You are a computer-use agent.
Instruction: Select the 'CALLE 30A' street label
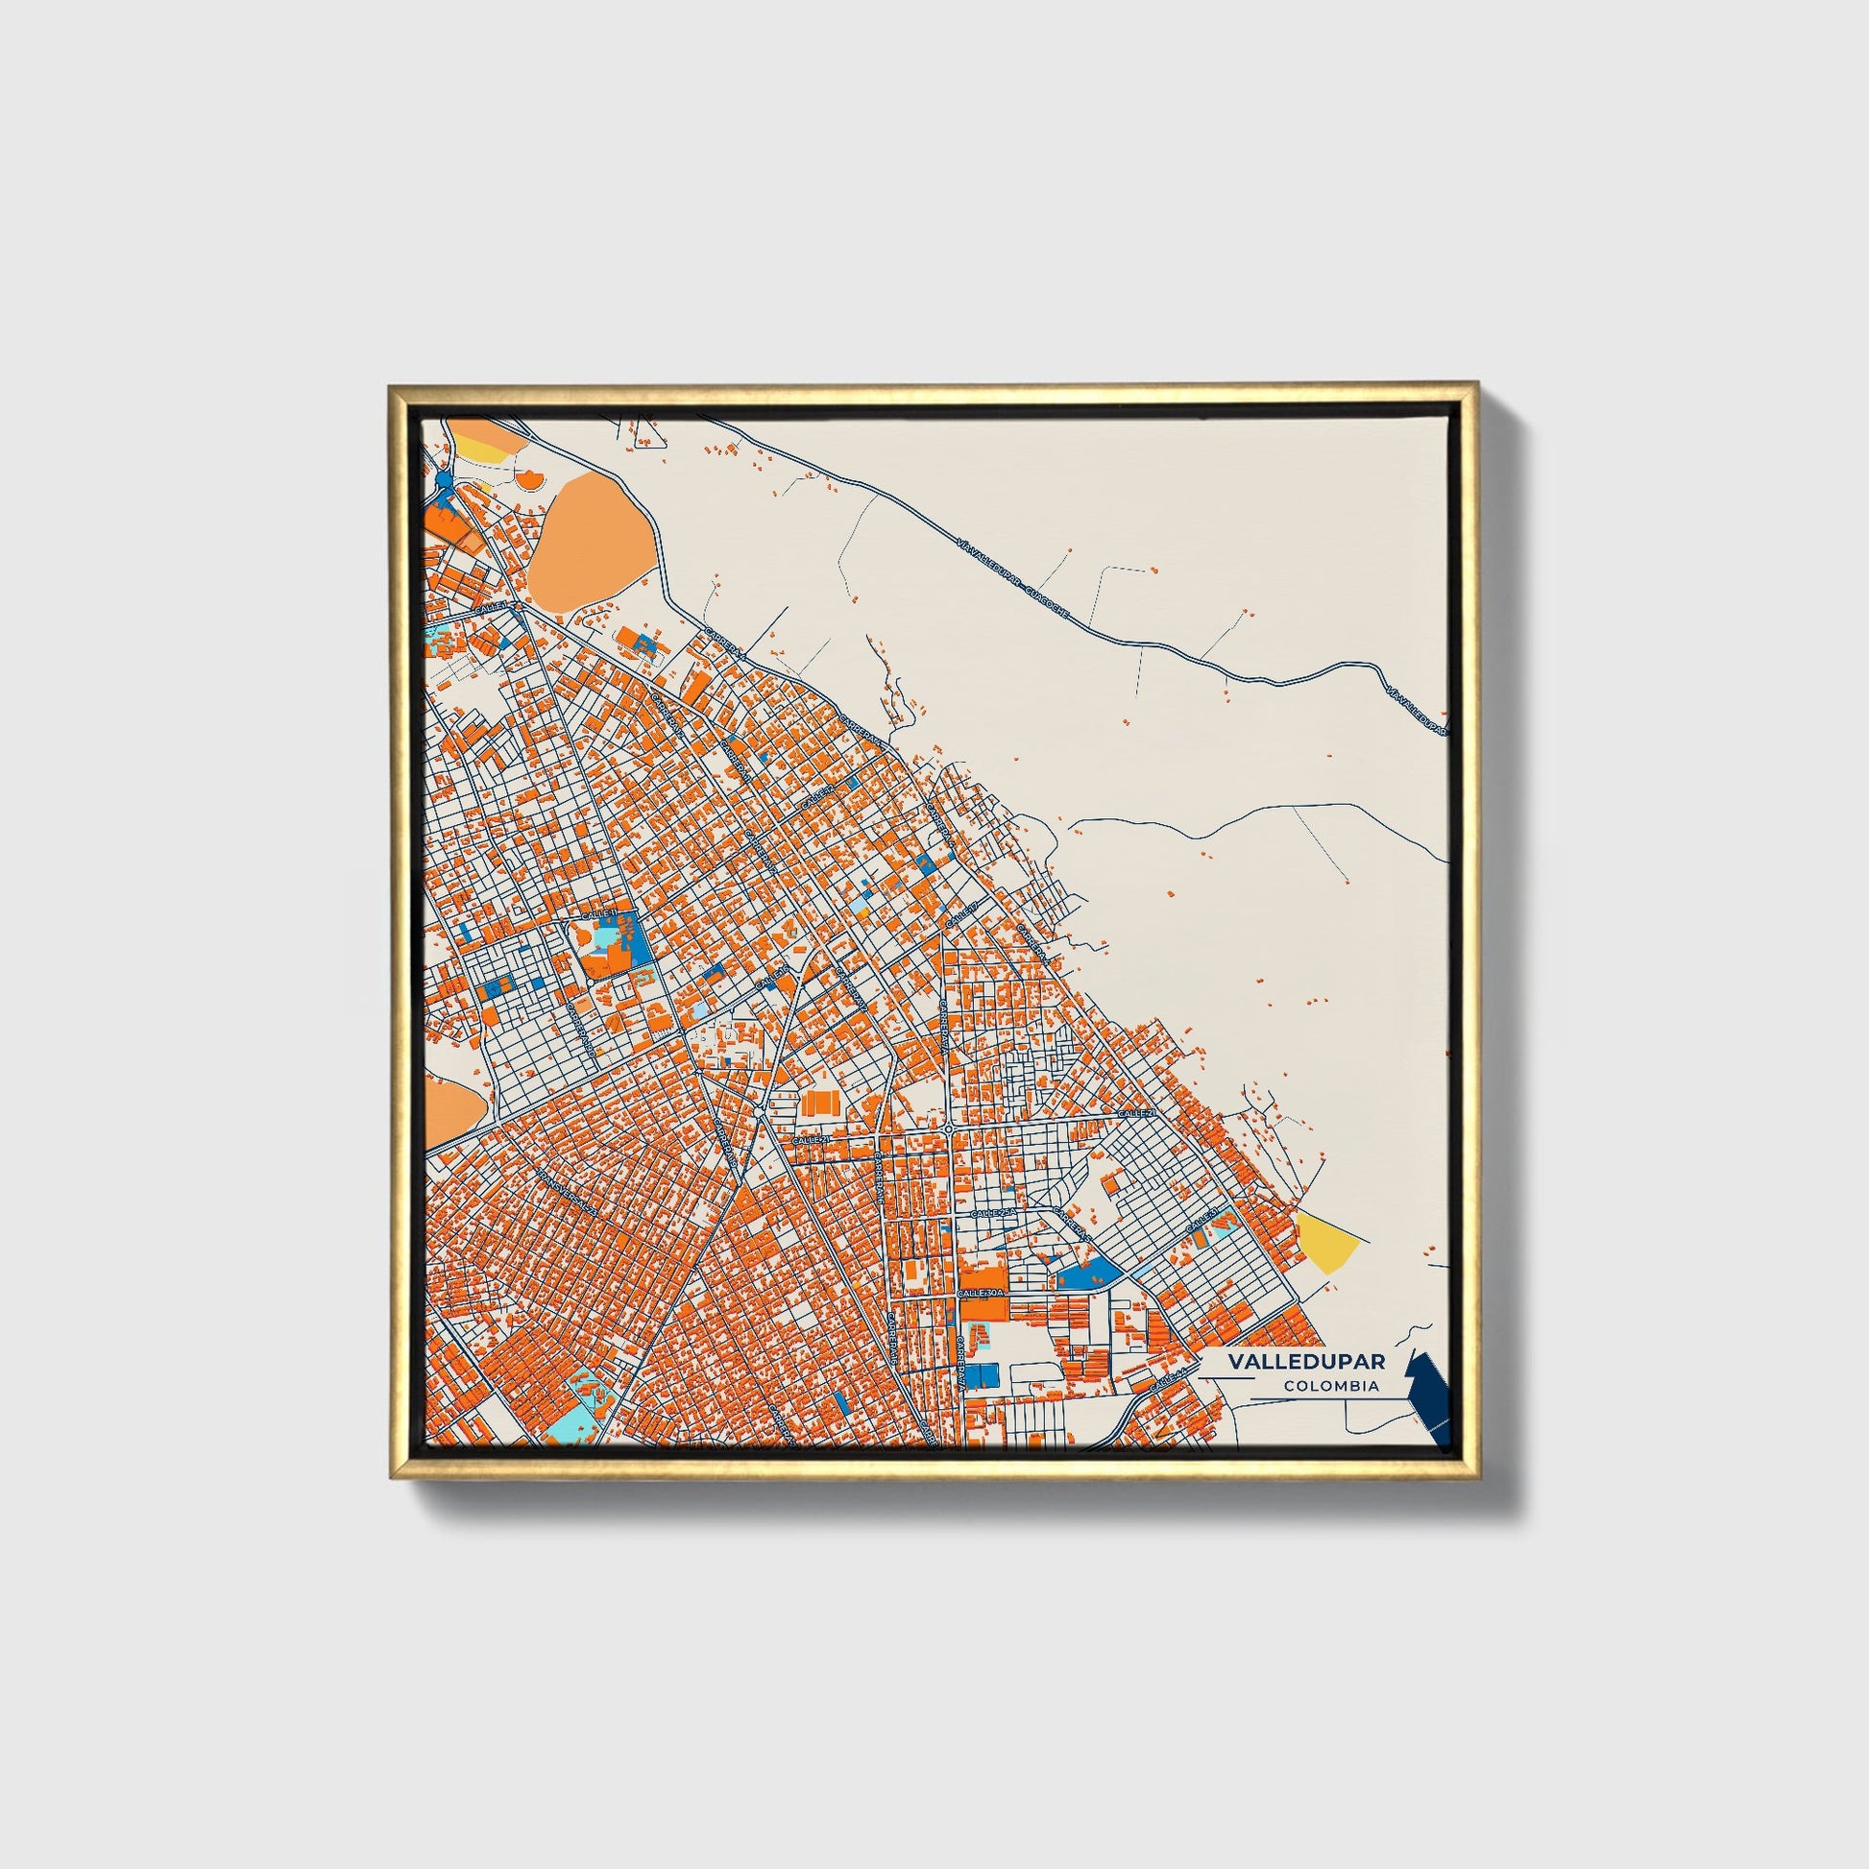[982, 1294]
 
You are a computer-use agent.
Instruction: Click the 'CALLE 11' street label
[597, 914]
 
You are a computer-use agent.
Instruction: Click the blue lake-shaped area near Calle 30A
[1089, 1274]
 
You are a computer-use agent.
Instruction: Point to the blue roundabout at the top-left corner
[444, 480]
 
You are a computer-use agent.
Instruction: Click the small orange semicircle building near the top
[528, 477]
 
